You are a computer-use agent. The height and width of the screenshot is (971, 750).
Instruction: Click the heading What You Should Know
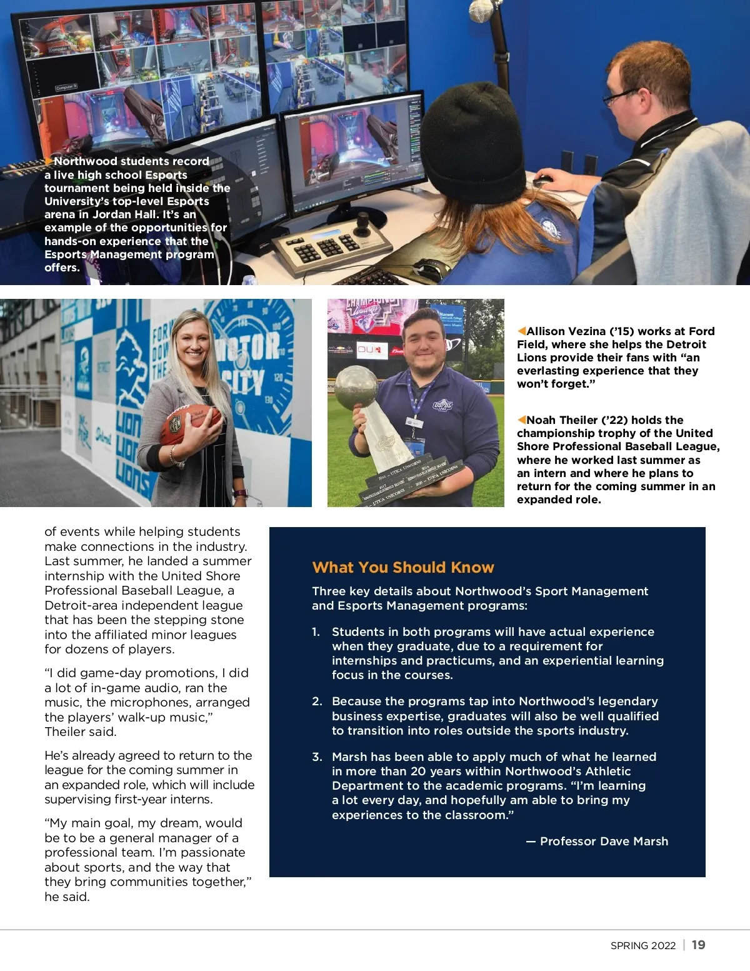pyautogui.click(x=403, y=568)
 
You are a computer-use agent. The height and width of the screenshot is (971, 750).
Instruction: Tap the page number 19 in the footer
pyautogui.click(x=699, y=945)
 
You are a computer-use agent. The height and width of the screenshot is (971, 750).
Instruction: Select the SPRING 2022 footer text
pyautogui.click(x=643, y=945)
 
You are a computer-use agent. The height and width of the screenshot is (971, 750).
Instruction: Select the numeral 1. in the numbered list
pyautogui.click(x=316, y=632)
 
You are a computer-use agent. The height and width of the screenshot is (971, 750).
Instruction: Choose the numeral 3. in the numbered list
pyautogui.click(x=317, y=757)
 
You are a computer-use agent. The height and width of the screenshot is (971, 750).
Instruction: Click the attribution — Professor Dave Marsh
pyautogui.click(x=597, y=842)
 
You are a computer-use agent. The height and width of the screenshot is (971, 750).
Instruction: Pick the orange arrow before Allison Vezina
pyautogui.click(x=521, y=331)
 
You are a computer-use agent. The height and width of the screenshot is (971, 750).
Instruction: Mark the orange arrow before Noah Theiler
pyautogui.click(x=521, y=420)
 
